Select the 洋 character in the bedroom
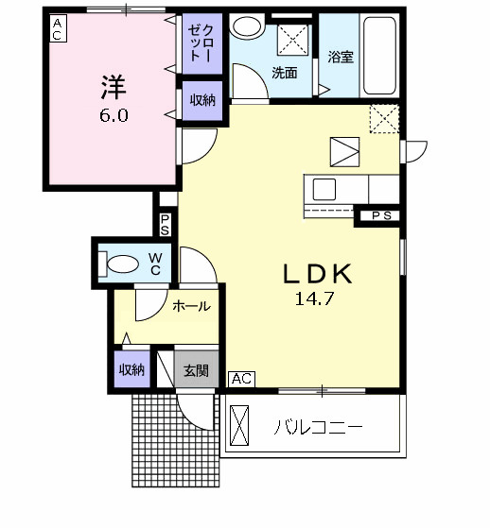111,87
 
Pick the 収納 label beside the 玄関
131,369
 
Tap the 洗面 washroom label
284,72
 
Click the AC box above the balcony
241,379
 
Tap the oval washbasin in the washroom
249,26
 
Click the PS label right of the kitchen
379,216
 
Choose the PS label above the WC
165,225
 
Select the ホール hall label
191,307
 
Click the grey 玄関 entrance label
196,369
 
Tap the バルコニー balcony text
319,427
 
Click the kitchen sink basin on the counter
324,185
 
